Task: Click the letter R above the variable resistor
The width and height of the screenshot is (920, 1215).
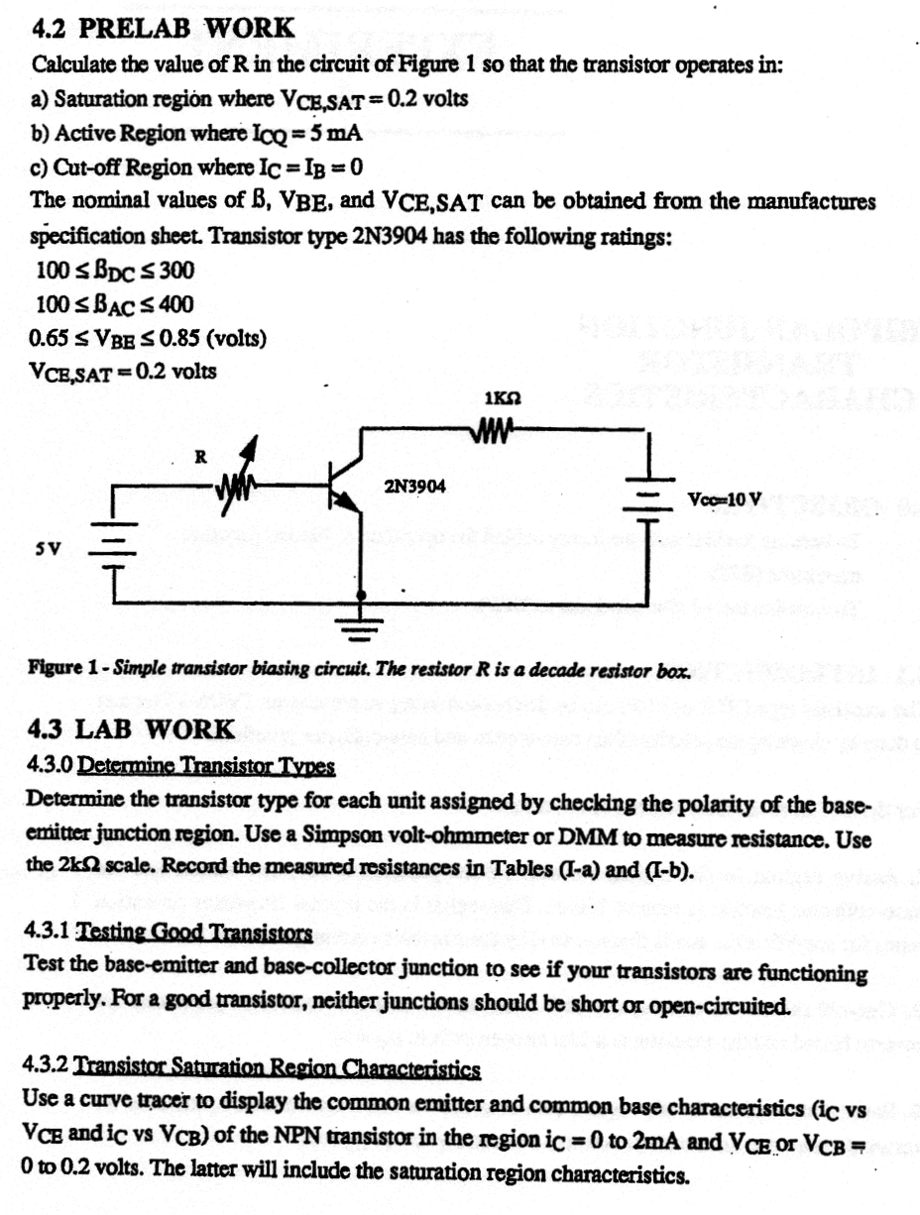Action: [x=199, y=457]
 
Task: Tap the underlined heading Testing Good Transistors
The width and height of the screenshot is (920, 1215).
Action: [x=194, y=934]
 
